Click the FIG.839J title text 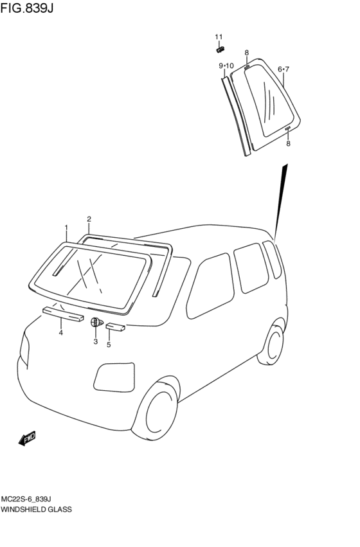coord(27,8)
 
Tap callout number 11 coord(219,37)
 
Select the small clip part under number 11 coord(220,49)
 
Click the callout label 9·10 coord(226,66)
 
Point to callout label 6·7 coord(283,69)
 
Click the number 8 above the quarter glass coord(247,53)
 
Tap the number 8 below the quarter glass coord(288,143)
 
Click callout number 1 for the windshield coord(66,228)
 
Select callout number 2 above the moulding coord(89,219)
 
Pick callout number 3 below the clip coord(95,341)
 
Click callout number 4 coord(60,332)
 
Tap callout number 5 coord(109,345)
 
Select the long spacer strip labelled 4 coord(63,314)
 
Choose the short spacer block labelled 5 coord(116,327)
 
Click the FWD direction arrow coord(27,438)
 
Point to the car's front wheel coord(157,411)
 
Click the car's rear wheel coord(272,345)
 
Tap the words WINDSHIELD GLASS coord(36,509)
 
